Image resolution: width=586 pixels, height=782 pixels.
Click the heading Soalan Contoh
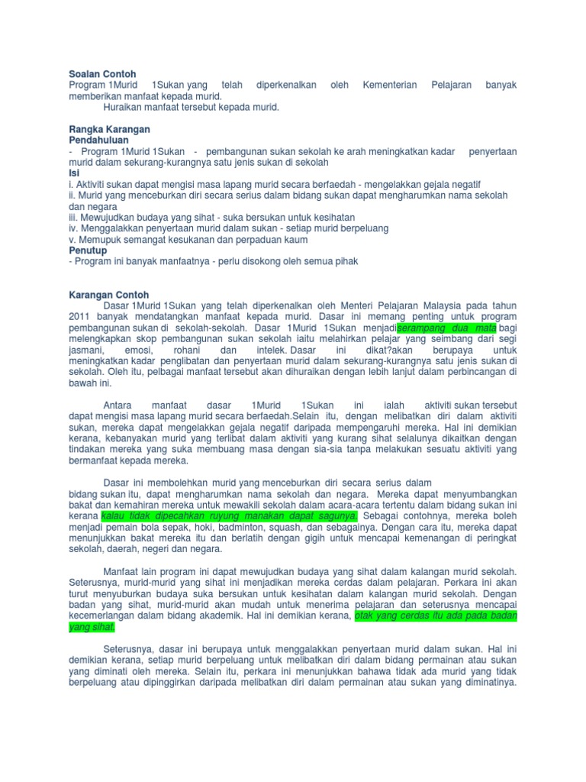102,74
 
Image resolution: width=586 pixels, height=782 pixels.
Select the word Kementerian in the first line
390,86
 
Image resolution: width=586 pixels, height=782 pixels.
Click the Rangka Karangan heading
109,130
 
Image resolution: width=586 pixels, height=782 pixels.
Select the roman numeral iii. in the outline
74,218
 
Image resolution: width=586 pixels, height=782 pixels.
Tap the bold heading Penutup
88,250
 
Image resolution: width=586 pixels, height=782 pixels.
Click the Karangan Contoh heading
109,295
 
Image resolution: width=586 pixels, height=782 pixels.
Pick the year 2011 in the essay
79,316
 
